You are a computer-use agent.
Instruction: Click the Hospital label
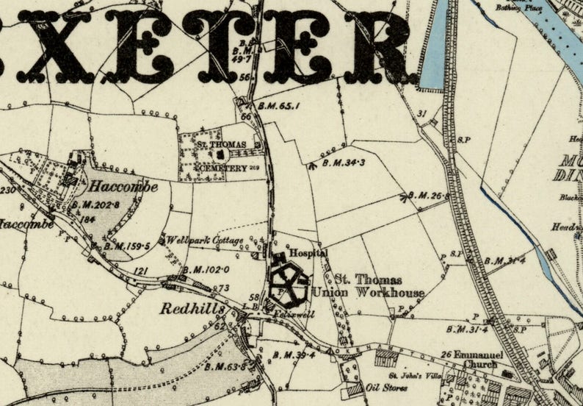[307, 252]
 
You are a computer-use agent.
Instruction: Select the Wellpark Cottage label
[195, 240]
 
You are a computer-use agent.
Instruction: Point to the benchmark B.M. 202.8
[98, 204]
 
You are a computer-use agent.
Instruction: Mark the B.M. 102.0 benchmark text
[200, 270]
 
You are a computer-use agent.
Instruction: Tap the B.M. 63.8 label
[225, 366]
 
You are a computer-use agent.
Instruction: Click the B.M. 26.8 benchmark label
[427, 196]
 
